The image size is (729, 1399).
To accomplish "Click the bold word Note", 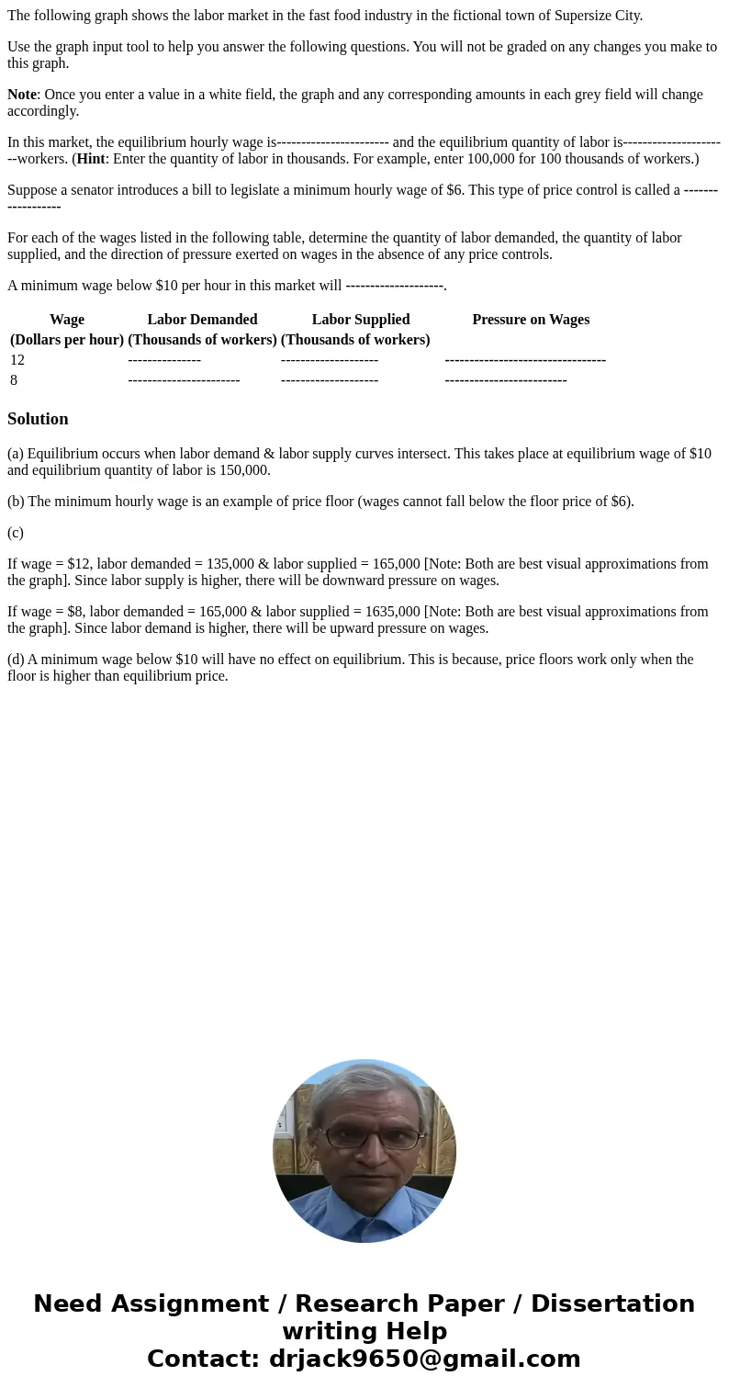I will click(x=22, y=95).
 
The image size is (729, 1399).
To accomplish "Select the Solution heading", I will click(x=38, y=419).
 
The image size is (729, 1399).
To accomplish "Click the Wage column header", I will click(x=66, y=320).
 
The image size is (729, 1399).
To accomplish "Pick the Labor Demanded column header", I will click(x=202, y=320).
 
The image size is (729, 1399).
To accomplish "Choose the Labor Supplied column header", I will click(x=360, y=320).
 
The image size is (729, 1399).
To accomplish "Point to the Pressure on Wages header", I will click(x=531, y=320).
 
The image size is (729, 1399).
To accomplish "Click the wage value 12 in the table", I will click(x=17, y=360).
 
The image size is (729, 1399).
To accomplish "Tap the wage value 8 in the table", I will click(x=14, y=380).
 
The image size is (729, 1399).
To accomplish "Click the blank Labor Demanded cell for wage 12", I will click(x=164, y=360).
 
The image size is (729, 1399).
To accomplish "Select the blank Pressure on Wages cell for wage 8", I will click(x=505, y=380).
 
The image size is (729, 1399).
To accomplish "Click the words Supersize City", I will click(x=598, y=16).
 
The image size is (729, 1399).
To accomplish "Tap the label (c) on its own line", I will click(x=16, y=533).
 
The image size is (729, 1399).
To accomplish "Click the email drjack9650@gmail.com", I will click(x=424, y=1359).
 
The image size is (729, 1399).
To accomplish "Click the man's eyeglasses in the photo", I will click(x=364, y=1138).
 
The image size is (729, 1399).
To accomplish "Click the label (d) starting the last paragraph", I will click(x=16, y=660).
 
